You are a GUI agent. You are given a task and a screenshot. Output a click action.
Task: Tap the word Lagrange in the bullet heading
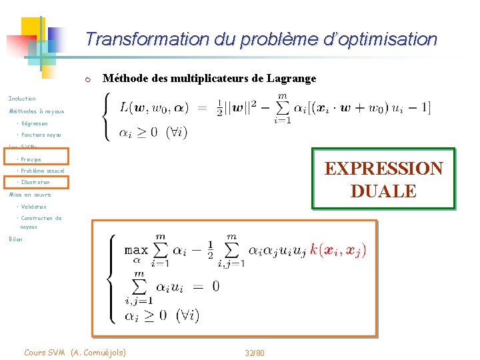point(291,79)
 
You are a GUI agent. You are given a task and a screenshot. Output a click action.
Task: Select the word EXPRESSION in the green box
point(383,168)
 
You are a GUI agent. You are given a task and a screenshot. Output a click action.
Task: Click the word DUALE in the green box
point(383,191)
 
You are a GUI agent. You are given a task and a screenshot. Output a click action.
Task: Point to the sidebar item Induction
point(22,99)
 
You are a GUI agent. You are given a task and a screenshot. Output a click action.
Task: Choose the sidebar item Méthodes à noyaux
point(36,111)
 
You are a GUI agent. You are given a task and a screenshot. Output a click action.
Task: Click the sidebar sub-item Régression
point(34,123)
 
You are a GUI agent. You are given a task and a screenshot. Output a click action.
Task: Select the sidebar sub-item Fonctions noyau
point(41,135)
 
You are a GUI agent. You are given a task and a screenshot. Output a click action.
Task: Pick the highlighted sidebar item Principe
point(31,159)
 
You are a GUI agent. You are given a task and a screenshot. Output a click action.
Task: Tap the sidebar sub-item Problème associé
point(42,171)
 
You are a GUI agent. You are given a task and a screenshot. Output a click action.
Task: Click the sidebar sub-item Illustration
point(35,182)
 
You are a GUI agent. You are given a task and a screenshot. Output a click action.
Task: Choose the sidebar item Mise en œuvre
point(29,195)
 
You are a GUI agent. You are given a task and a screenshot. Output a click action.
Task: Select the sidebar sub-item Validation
point(33,207)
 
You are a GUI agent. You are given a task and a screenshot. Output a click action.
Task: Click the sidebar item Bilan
point(15,239)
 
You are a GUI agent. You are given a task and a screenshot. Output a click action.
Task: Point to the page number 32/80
point(254,352)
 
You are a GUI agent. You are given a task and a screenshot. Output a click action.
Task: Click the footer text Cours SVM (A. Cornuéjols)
point(74,352)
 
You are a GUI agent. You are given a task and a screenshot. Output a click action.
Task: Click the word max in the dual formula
point(136,250)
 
